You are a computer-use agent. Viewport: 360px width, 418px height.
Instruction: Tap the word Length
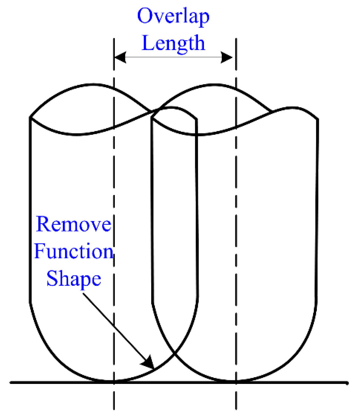pyautogui.click(x=173, y=43)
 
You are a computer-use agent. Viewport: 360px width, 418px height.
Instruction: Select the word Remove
pyautogui.click(x=73, y=224)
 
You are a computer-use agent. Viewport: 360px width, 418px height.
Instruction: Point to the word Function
pyautogui.click(x=74, y=251)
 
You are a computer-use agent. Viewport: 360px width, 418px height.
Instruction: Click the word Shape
pyautogui.click(x=74, y=278)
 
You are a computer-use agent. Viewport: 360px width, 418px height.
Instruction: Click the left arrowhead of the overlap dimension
pyautogui.click(x=120, y=57)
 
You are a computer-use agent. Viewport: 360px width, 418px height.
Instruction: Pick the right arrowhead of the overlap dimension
pyautogui.click(x=227, y=57)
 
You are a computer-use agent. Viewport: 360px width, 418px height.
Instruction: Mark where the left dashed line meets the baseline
pyautogui.click(x=114, y=382)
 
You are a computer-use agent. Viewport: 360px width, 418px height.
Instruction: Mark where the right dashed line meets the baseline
pyautogui.click(x=236, y=382)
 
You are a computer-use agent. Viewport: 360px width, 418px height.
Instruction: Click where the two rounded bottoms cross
pyautogui.click(x=175, y=354)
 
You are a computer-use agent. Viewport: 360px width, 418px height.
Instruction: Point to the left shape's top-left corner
pyautogui.click(x=31, y=117)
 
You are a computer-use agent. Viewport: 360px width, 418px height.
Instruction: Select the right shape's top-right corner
pyautogui.click(x=317, y=119)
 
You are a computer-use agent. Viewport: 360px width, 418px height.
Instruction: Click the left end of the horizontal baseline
pyautogui.click(x=11, y=382)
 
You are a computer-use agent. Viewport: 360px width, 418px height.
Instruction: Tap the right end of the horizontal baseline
pyautogui.click(x=348, y=383)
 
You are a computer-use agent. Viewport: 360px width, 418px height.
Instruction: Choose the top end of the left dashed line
pyautogui.click(x=114, y=38)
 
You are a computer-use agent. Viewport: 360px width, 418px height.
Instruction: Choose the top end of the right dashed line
pyautogui.click(x=236, y=38)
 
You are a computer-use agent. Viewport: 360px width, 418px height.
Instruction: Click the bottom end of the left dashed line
pyautogui.click(x=114, y=409)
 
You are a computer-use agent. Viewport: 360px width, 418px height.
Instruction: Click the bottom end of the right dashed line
pyautogui.click(x=236, y=409)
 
